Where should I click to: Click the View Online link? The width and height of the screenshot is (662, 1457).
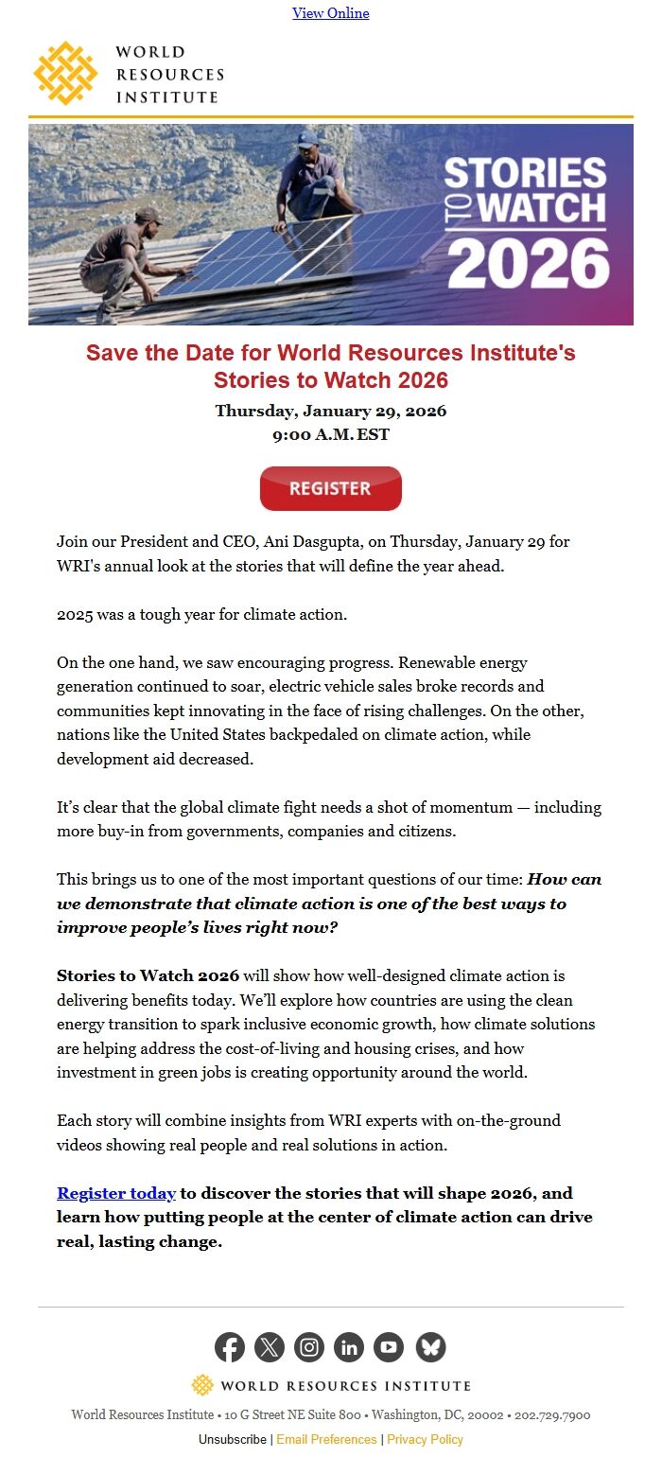[331, 13]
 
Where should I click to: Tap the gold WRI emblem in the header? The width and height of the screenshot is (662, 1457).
[65, 74]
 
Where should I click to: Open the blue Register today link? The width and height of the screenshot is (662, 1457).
[116, 1193]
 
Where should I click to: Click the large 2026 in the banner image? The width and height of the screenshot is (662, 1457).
[528, 263]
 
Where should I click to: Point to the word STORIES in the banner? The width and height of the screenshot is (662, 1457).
[525, 174]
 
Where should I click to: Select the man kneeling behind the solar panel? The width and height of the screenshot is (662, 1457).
[315, 179]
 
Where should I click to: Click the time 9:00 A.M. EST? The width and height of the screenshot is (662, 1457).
[331, 435]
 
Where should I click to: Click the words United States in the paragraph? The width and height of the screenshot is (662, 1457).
[210, 734]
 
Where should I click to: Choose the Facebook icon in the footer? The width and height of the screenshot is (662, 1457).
[230, 1347]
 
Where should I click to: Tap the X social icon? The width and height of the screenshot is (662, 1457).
[270, 1347]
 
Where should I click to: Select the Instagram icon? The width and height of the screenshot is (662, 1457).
[309, 1347]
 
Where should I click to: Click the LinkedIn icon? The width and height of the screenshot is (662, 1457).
[349, 1347]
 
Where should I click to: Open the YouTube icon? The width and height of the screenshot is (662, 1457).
[389, 1347]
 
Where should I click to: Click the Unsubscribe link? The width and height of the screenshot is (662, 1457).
[233, 1439]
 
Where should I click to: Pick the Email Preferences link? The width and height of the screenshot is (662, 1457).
[326, 1439]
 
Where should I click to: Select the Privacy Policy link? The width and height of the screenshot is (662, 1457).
[425, 1439]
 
